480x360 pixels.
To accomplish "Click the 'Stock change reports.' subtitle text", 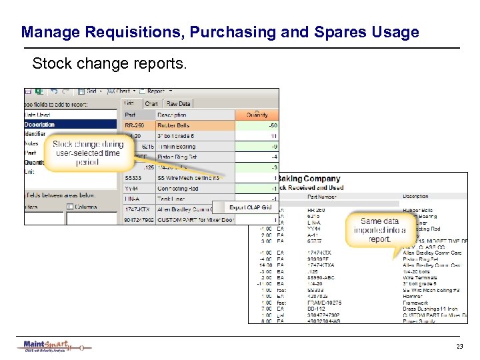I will point(110,65).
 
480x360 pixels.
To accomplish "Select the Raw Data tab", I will point(178,103).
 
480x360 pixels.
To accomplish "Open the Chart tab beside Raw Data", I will point(151,103).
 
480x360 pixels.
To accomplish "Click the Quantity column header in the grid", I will point(257,115).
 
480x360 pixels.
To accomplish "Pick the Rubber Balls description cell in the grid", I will point(173,125).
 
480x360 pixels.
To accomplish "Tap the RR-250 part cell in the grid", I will point(135,125).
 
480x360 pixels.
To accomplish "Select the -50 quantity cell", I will point(273,125).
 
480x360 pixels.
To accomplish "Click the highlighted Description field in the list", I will point(40,125).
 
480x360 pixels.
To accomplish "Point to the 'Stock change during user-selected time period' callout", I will point(87,153).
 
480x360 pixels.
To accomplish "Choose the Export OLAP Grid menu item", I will point(250,207).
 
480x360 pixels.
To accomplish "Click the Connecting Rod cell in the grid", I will point(179,188).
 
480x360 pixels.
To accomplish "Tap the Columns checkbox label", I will point(85,207).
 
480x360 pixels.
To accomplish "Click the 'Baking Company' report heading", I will point(308,179).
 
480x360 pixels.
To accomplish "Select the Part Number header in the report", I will point(321,197).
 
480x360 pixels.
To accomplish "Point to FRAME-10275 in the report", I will point(324,303).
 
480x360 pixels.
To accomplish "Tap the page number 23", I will point(459,346).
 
